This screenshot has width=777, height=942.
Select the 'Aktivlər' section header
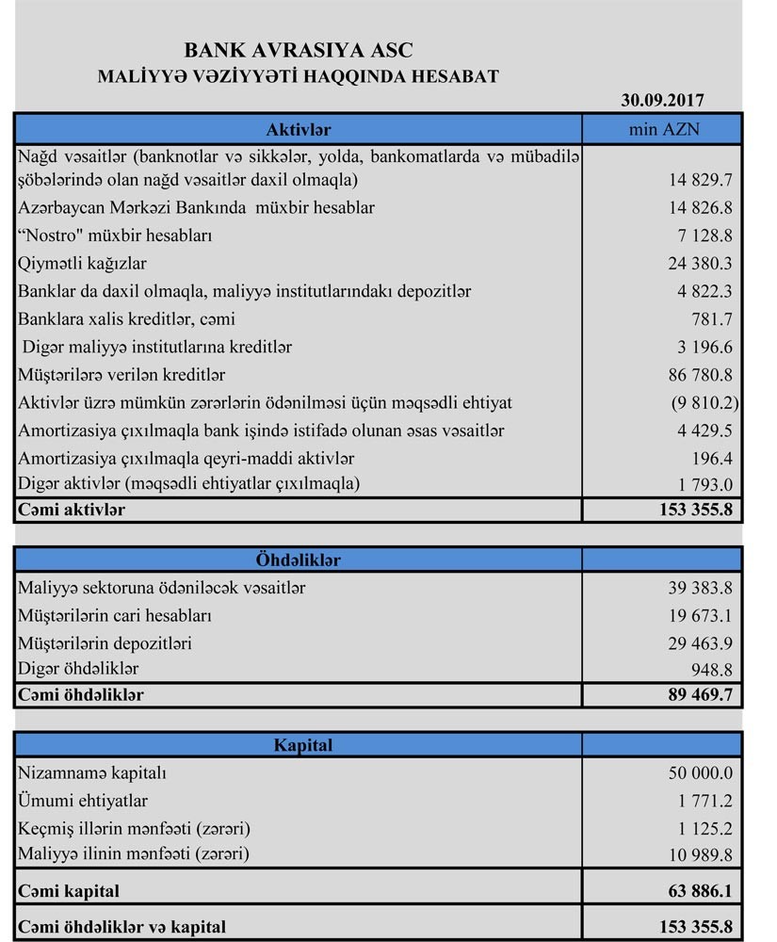coord(298,129)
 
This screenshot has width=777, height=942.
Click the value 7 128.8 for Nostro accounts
coord(702,235)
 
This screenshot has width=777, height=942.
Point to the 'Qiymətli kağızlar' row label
coord(82,263)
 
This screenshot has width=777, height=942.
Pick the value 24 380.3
coord(699,263)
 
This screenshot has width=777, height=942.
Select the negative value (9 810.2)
coord(700,402)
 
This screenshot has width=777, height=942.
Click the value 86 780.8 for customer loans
coord(699,375)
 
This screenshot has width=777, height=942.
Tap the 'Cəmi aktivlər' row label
coord(71,510)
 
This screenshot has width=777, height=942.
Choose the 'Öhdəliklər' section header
coord(298,560)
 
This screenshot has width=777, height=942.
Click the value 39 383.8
coord(699,588)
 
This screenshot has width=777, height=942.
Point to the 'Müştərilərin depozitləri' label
coord(105,643)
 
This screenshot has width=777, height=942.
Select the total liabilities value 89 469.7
coord(697,696)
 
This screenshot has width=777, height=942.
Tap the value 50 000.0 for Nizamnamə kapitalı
coord(699,773)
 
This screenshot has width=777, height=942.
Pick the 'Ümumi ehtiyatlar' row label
coord(83,802)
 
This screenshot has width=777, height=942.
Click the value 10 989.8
coord(699,855)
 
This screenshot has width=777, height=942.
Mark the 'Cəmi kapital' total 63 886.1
coord(697,890)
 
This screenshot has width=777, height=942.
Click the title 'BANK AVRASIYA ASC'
coord(298,50)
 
